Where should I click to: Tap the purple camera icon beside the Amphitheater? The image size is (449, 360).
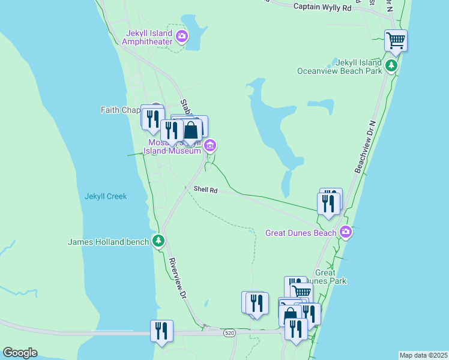(182, 37)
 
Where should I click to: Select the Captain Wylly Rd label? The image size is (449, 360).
(322, 7)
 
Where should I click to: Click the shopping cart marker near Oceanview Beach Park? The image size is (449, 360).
(396, 41)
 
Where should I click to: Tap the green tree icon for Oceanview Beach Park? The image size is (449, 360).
(391, 65)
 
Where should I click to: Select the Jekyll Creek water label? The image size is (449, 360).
(106, 196)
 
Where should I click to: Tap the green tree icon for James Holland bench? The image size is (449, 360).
(158, 241)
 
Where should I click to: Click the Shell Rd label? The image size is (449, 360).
(205, 190)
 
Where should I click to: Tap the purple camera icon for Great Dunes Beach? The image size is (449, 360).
(346, 232)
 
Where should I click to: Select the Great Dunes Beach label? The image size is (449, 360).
(301, 233)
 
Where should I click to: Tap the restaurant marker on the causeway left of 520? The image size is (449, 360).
(161, 331)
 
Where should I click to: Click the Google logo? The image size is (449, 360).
(20, 353)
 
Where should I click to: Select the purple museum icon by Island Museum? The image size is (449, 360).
(210, 145)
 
